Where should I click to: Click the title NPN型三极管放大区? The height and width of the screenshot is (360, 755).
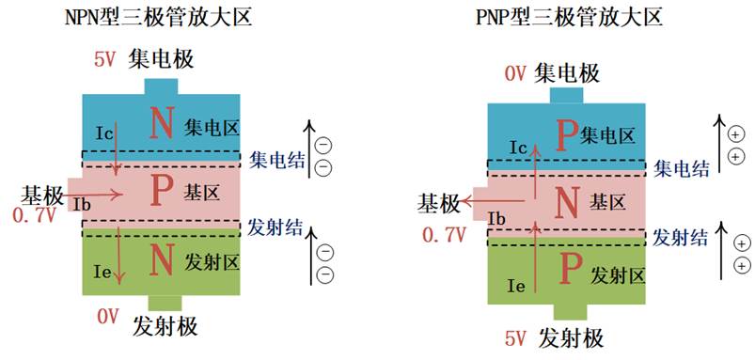pyautogui.click(x=159, y=18)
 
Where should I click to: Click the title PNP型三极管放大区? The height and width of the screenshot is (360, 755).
pyautogui.click(x=569, y=18)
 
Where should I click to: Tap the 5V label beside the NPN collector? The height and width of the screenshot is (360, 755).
pyautogui.click(x=105, y=60)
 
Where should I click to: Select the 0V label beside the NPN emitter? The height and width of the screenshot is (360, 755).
pyautogui.click(x=108, y=317)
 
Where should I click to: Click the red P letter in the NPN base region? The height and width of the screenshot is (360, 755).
pyautogui.click(x=160, y=190)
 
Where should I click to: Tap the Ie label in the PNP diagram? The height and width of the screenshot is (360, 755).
pyautogui.click(x=517, y=288)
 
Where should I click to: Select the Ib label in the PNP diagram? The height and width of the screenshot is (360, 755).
pyautogui.click(x=496, y=219)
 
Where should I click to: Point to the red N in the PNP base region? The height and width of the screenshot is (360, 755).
pyautogui.click(x=568, y=202)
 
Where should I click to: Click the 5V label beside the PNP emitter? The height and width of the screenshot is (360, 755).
pyautogui.click(x=515, y=339)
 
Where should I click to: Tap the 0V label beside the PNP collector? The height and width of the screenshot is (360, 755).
pyautogui.click(x=515, y=74)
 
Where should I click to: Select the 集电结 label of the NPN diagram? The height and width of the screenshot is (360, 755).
pyautogui.click(x=276, y=161)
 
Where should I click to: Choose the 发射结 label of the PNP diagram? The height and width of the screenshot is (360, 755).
pyautogui.click(x=680, y=237)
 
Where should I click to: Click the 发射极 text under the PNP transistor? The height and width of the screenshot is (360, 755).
pyautogui.click(x=572, y=338)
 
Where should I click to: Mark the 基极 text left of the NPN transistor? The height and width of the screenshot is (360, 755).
pyautogui.click(x=42, y=196)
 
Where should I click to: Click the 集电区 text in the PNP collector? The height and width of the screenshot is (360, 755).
pyautogui.click(x=608, y=136)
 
